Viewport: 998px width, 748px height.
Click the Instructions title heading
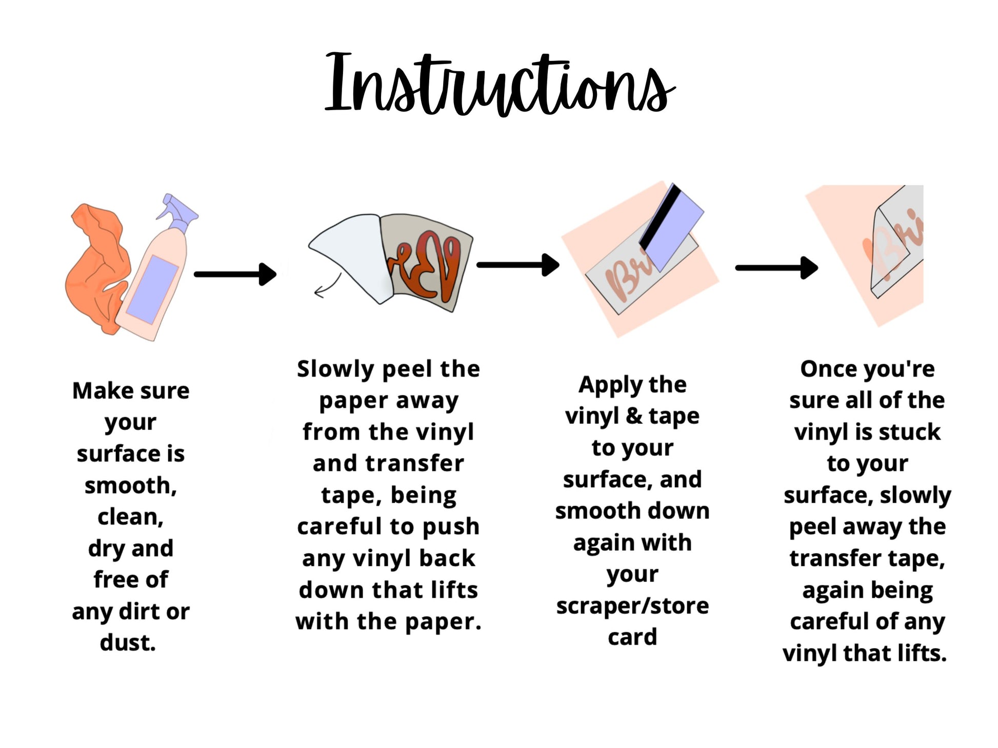tap(500, 85)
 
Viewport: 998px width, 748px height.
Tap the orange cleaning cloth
tap(95, 266)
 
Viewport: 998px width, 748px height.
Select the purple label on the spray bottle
tap(152, 289)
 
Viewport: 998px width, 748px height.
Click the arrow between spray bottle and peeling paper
tap(235, 274)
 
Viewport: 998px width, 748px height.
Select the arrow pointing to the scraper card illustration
tap(518, 265)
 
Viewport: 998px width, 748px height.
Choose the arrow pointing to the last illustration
tap(777, 268)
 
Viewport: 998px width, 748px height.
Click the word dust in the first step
tap(128, 642)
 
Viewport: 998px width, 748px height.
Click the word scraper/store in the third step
tap(632, 606)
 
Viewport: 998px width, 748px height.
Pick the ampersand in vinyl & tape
tap(634, 415)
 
